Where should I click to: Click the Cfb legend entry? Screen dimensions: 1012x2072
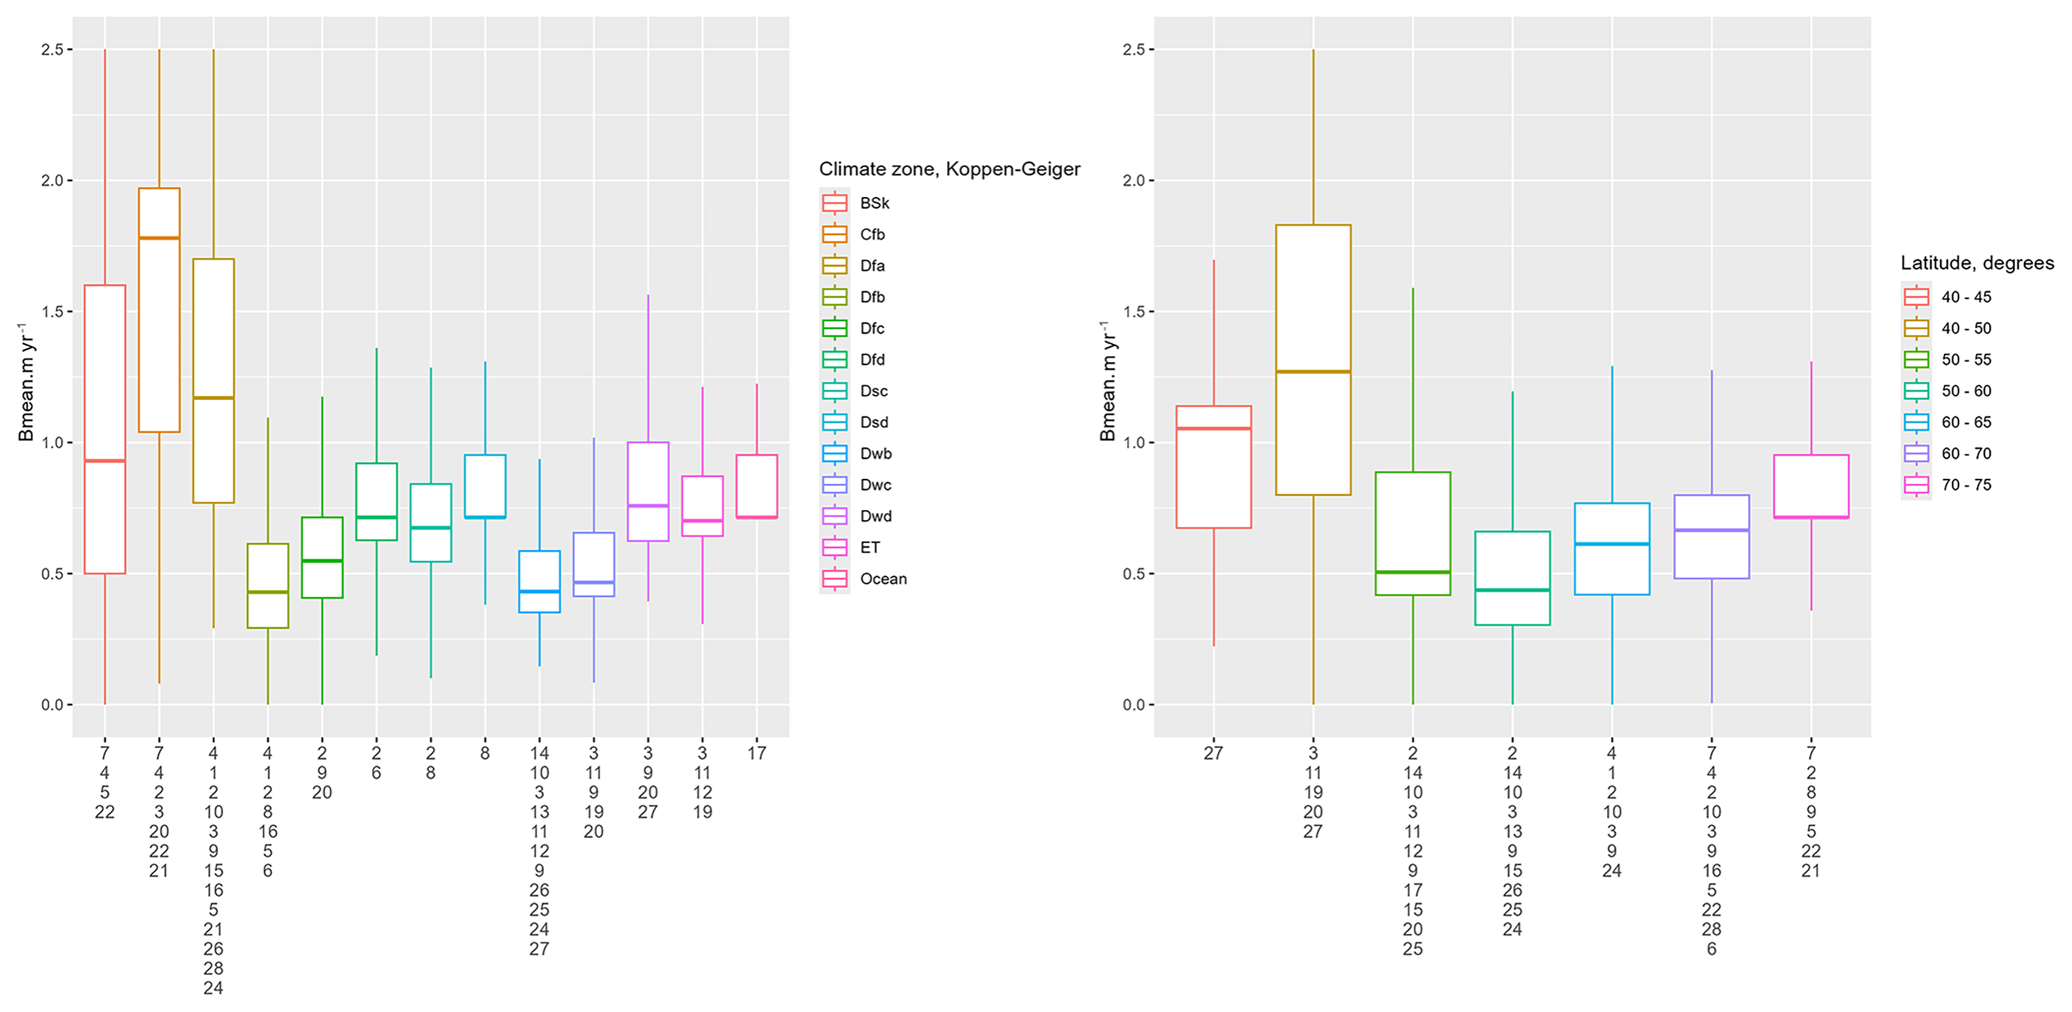[872, 234]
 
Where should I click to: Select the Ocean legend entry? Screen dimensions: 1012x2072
[883, 579]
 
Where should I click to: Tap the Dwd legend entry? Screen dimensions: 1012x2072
[875, 516]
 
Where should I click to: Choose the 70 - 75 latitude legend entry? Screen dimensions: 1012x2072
[1965, 484]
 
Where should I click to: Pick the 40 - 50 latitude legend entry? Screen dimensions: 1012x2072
[1965, 328]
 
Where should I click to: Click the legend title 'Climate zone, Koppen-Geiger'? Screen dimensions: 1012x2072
[949, 169]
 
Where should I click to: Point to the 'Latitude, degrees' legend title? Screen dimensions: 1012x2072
[1976, 263]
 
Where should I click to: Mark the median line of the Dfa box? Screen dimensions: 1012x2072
[213, 397]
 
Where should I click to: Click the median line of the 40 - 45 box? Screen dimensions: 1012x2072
[1213, 428]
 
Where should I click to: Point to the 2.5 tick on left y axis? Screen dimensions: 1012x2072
[53, 50]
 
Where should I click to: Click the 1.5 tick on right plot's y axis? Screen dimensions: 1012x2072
[1134, 311]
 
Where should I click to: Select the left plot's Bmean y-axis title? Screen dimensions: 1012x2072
[26, 382]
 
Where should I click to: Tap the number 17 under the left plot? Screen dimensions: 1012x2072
[756, 754]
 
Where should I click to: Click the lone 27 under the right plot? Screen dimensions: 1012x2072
[1213, 754]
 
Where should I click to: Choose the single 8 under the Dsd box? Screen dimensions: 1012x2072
[485, 754]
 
